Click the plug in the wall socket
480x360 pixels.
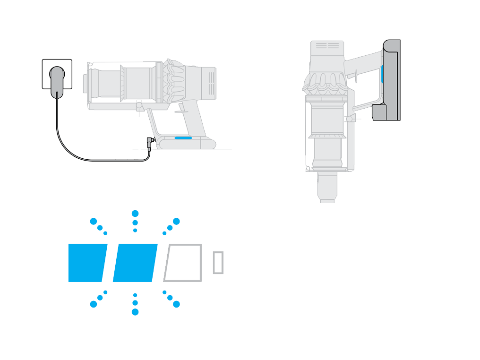click(x=57, y=81)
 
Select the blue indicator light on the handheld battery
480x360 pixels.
click(x=183, y=138)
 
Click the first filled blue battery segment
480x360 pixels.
click(x=87, y=263)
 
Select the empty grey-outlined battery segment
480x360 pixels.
click(x=183, y=263)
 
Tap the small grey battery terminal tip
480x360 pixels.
click(x=218, y=263)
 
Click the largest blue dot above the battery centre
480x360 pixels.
click(x=135, y=214)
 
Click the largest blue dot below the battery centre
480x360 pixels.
click(x=135, y=312)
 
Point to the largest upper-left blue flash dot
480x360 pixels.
click(x=94, y=222)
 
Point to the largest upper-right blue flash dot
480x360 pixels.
click(x=176, y=222)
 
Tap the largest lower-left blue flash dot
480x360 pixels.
click(x=94, y=304)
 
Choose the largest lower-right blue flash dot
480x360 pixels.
click(x=176, y=304)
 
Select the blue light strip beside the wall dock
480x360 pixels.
click(x=382, y=75)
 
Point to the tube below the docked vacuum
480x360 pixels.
click(x=327, y=187)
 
